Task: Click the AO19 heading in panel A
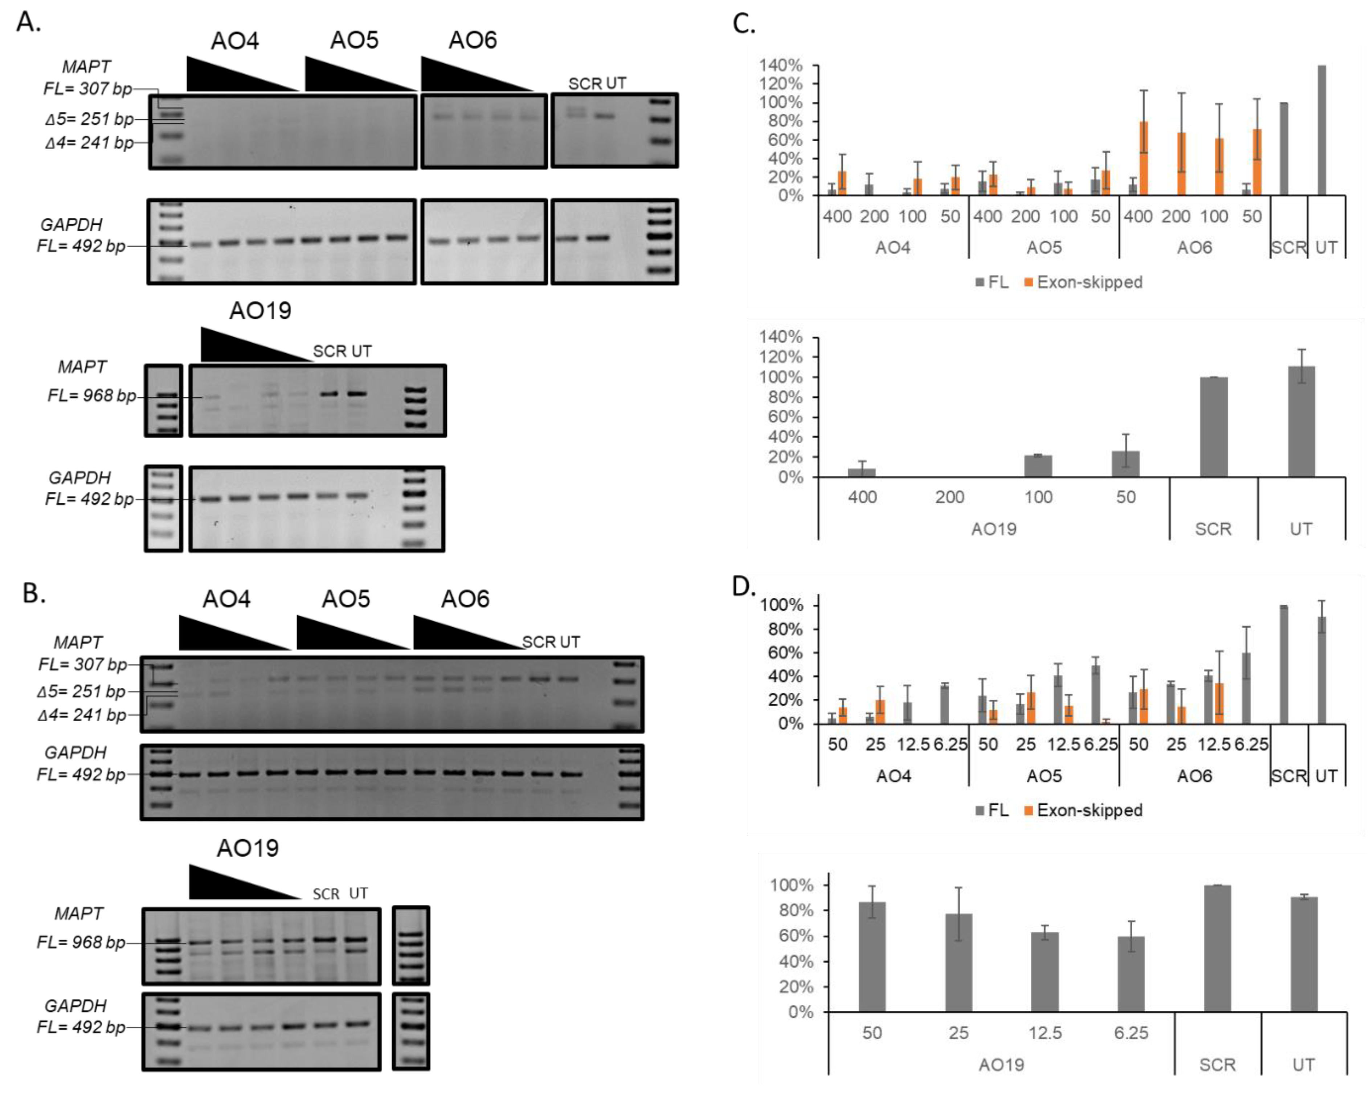tap(260, 311)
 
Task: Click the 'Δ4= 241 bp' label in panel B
tap(81, 715)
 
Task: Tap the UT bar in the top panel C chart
tap(1322, 130)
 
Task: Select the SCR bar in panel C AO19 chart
tap(1213, 427)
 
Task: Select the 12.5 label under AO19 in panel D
tap(1045, 1033)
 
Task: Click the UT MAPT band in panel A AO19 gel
tap(356, 393)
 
